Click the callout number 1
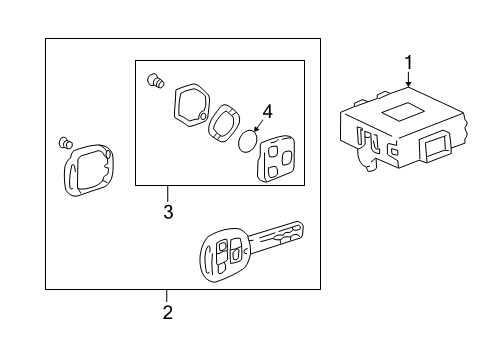coord(408,64)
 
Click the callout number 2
coord(167,312)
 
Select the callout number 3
coord(168,212)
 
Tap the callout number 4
coord(267,111)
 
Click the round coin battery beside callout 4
coord(248,142)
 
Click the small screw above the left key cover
coord(63,141)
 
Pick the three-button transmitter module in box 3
coord(276,158)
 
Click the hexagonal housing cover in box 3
coord(190,105)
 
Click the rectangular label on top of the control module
coord(405,105)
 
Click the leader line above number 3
coord(168,194)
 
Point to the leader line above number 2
coord(167,296)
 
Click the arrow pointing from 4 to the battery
coord(258,126)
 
